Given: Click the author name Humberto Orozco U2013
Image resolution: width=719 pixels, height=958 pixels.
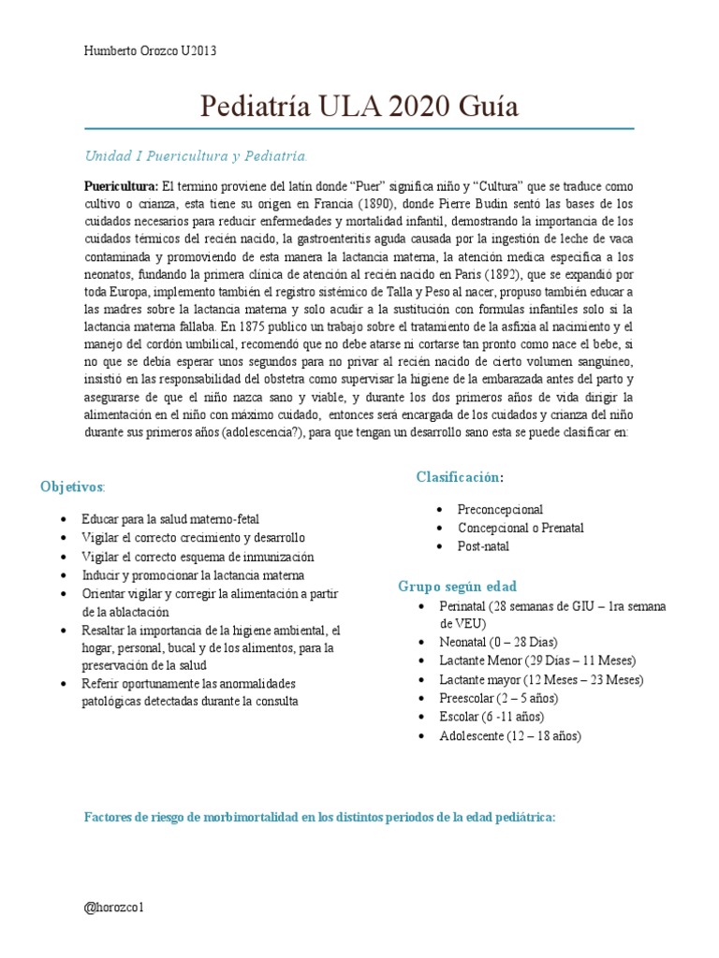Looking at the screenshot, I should click(x=151, y=51).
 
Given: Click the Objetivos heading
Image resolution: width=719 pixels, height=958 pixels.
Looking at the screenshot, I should click(x=73, y=487).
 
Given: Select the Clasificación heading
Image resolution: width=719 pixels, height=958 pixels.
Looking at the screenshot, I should click(x=460, y=478).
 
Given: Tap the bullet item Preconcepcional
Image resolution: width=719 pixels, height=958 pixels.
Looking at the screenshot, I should click(x=500, y=510).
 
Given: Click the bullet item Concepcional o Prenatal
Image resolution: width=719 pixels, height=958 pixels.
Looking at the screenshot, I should click(x=521, y=528).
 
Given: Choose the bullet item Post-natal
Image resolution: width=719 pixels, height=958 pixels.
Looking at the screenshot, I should click(x=483, y=546).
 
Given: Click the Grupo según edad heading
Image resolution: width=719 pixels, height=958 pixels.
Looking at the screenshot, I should click(x=457, y=587).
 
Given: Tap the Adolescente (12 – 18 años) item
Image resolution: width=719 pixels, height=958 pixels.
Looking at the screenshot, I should click(x=510, y=736).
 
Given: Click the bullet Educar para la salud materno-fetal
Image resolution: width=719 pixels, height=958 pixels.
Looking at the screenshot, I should click(x=170, y=518).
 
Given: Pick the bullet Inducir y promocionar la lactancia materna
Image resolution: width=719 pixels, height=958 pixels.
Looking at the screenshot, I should click(x=193, y=575).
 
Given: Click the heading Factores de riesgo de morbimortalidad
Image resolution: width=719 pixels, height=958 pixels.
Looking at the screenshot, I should click(x=320, y=817).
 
